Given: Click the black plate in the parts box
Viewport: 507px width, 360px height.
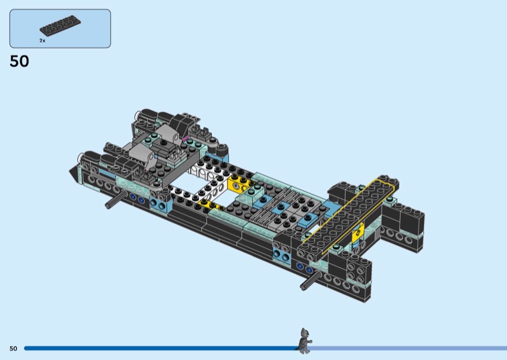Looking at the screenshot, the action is pyautogui.click(x=60, y=25).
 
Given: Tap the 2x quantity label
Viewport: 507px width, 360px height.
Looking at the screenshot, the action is pyautogui.click(x=42, y=41).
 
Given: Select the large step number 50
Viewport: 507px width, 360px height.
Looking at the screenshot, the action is pyautogui.click(x=20, y=61).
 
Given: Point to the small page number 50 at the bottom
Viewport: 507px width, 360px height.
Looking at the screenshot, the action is pyautogui.click(x=13, y=349).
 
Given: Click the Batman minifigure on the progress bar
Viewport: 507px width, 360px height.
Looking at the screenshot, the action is pyautogui.click(x=304, y=340).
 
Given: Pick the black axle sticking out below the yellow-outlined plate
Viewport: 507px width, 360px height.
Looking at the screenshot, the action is pyautogui.click(x=311, y=280).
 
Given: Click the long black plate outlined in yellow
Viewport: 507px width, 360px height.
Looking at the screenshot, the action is pyautogui.click(x=348, y=215).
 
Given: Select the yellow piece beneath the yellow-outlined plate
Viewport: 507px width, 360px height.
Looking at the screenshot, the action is pyautogui.click(x=358, y=232).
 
